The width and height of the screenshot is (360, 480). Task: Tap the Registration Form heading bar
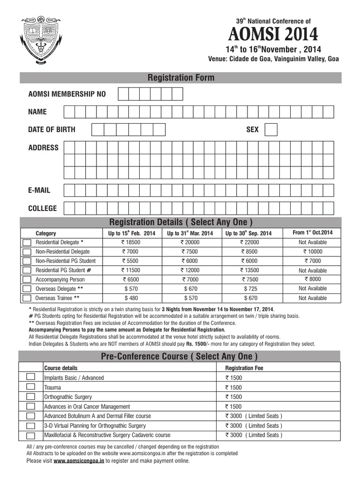point(180,78)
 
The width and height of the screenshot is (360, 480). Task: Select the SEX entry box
point(271,129)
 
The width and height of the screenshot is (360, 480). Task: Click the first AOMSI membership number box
point(123,94)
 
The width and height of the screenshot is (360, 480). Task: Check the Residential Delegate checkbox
point(27,243)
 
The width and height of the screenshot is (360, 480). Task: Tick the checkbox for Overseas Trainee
point(27,298)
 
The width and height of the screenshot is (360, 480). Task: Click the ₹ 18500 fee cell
point(131,243)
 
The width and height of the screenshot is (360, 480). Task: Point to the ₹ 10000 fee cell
point(312,252)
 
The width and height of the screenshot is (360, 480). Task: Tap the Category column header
point(46,233)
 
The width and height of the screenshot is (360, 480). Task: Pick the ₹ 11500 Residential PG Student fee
point(131,270)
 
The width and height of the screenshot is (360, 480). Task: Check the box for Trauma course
point(30,387)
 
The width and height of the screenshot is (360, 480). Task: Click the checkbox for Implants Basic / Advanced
point(30,377)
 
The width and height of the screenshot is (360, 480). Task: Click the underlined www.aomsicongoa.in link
point(79,461)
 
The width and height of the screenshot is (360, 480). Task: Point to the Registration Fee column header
point(244,368)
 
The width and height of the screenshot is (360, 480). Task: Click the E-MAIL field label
point(39,190)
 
